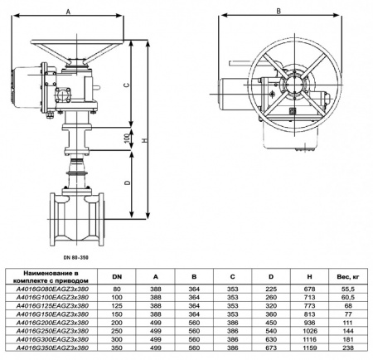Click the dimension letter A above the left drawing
[67, 11]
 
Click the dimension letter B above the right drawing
[279, 11]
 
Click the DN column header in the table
[116, 276]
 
